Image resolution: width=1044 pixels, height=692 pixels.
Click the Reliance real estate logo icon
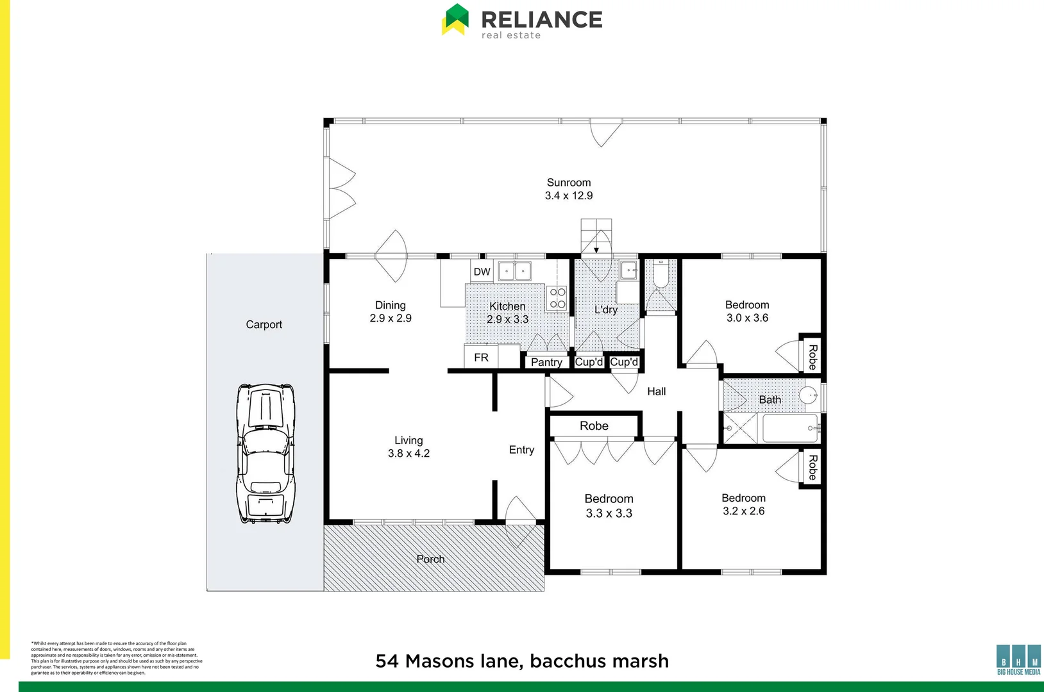(455, 19)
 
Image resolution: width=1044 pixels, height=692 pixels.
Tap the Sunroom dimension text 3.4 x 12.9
(569, 196)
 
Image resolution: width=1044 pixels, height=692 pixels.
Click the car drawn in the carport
(266, 454)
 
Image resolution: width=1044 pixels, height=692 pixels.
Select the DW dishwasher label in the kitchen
(482, 272)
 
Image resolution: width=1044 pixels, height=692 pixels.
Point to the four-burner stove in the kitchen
(557, 298)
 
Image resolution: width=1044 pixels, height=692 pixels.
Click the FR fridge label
(481, 358)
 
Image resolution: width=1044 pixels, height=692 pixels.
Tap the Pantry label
(546, 362)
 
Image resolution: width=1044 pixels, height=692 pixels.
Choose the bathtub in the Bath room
(790, 428)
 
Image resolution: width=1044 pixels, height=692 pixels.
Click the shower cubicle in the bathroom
(740, 428)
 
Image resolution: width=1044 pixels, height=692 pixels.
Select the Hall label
(656, 391)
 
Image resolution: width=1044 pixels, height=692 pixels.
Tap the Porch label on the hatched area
(430, 559)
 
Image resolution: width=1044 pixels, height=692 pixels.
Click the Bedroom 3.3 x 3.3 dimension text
(609, 513)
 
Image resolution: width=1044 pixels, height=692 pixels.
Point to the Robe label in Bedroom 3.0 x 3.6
(812, 357)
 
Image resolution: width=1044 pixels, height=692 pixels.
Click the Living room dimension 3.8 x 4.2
(408, 454)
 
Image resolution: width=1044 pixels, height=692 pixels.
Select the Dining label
(390, 305)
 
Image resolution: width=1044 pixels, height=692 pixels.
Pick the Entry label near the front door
(521, 450)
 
